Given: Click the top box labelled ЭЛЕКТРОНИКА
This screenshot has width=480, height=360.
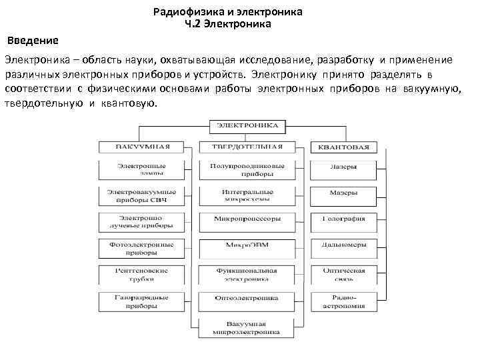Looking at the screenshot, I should click(248, 125).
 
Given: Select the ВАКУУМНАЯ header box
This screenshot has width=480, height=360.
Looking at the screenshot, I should click(143, 147).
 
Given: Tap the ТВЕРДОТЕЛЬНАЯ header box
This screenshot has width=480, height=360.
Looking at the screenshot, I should click(247, 147).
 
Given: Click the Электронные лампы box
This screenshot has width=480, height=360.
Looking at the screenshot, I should click(143, 169).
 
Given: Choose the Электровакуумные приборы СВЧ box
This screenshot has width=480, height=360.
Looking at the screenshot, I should click(143, 195).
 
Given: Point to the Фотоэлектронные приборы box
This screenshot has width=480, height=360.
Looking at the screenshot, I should click(143, 249).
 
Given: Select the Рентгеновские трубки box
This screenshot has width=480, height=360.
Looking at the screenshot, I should click(143, 275).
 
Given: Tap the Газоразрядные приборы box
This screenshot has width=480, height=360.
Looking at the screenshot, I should click(143, 301).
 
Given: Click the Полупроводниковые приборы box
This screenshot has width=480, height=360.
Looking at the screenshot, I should click(247, 169).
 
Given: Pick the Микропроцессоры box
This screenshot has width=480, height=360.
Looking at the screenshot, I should click(247, 218).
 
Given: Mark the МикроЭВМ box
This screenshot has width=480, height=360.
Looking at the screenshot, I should click(247, 245).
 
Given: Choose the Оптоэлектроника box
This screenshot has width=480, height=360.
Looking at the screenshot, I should click(247, 297).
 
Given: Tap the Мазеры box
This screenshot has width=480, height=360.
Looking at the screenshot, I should click(343, 192).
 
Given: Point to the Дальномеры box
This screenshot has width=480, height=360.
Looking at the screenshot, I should click(343, 245).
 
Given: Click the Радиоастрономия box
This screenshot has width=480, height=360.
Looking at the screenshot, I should click(343, 301).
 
